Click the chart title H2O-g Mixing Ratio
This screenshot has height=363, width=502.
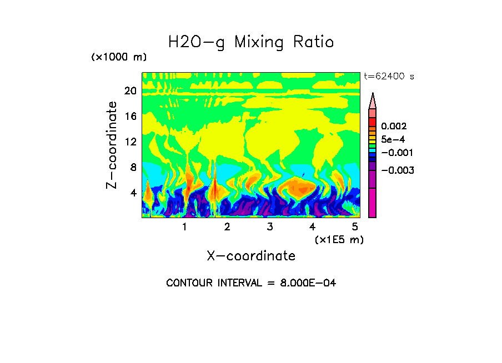pyautogui.click(x=251, y=42)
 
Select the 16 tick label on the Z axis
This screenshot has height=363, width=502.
pyautogui.click(x=130, y=117)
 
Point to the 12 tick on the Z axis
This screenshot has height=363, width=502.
pyautogui.click(x=130, y=142)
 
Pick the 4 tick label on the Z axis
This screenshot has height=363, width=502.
pyautogui.click(x=133, y=193)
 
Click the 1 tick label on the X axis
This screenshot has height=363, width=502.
pyautogui.click(x=184, y=227)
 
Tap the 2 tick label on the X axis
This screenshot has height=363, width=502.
pyautogui.click(x=227, y=227)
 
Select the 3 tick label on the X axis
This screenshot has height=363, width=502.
pyautogui.click(x=269, y=227)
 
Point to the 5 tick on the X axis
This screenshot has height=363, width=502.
pyautogui.click(x=355, y=227)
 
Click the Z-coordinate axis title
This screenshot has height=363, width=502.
pyautogui.click(x=113, y=145)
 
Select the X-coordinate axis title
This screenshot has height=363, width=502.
pyautogui.click(x=251, y=256)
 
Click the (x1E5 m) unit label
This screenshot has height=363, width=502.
pyautogui.click(x=339, y=240)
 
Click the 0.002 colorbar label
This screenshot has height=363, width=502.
pyautogui.click(x=394, y=127)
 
